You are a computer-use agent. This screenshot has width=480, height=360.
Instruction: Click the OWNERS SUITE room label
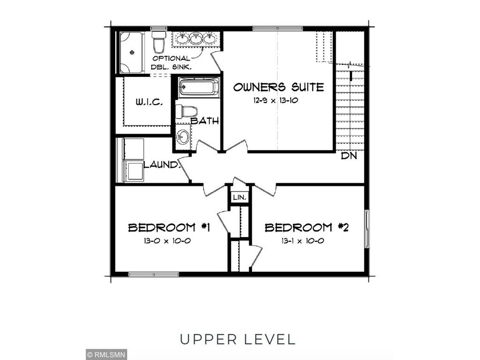tap(278, 87)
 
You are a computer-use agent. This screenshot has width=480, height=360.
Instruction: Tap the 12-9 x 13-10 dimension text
tap(278, 99)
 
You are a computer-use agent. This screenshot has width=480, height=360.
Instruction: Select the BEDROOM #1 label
tap(169, 228)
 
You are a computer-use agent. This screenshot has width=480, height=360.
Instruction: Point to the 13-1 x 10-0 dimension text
tap(302, 241)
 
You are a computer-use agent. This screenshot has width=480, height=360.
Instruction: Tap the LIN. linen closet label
tap(240, 198)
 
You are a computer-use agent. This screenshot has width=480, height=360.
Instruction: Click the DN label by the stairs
tap(349, 156)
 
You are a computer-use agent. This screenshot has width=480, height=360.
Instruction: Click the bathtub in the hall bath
tap(199, 88)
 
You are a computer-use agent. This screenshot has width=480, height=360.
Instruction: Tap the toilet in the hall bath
tap(187, 112)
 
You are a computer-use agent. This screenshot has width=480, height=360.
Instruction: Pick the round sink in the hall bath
tap(183, 137)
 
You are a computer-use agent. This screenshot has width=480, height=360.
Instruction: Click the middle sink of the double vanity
tap(195, 39)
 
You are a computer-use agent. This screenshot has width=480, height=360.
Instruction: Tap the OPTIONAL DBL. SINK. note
tap(172, 63)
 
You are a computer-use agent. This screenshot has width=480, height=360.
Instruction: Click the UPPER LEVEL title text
tap(238, 339)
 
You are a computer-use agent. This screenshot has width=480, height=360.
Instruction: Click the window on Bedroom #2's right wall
tap(367, 228)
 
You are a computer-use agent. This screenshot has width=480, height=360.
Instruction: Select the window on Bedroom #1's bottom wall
tap(147, 274)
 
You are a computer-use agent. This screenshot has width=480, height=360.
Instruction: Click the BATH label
tap(205, 121)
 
